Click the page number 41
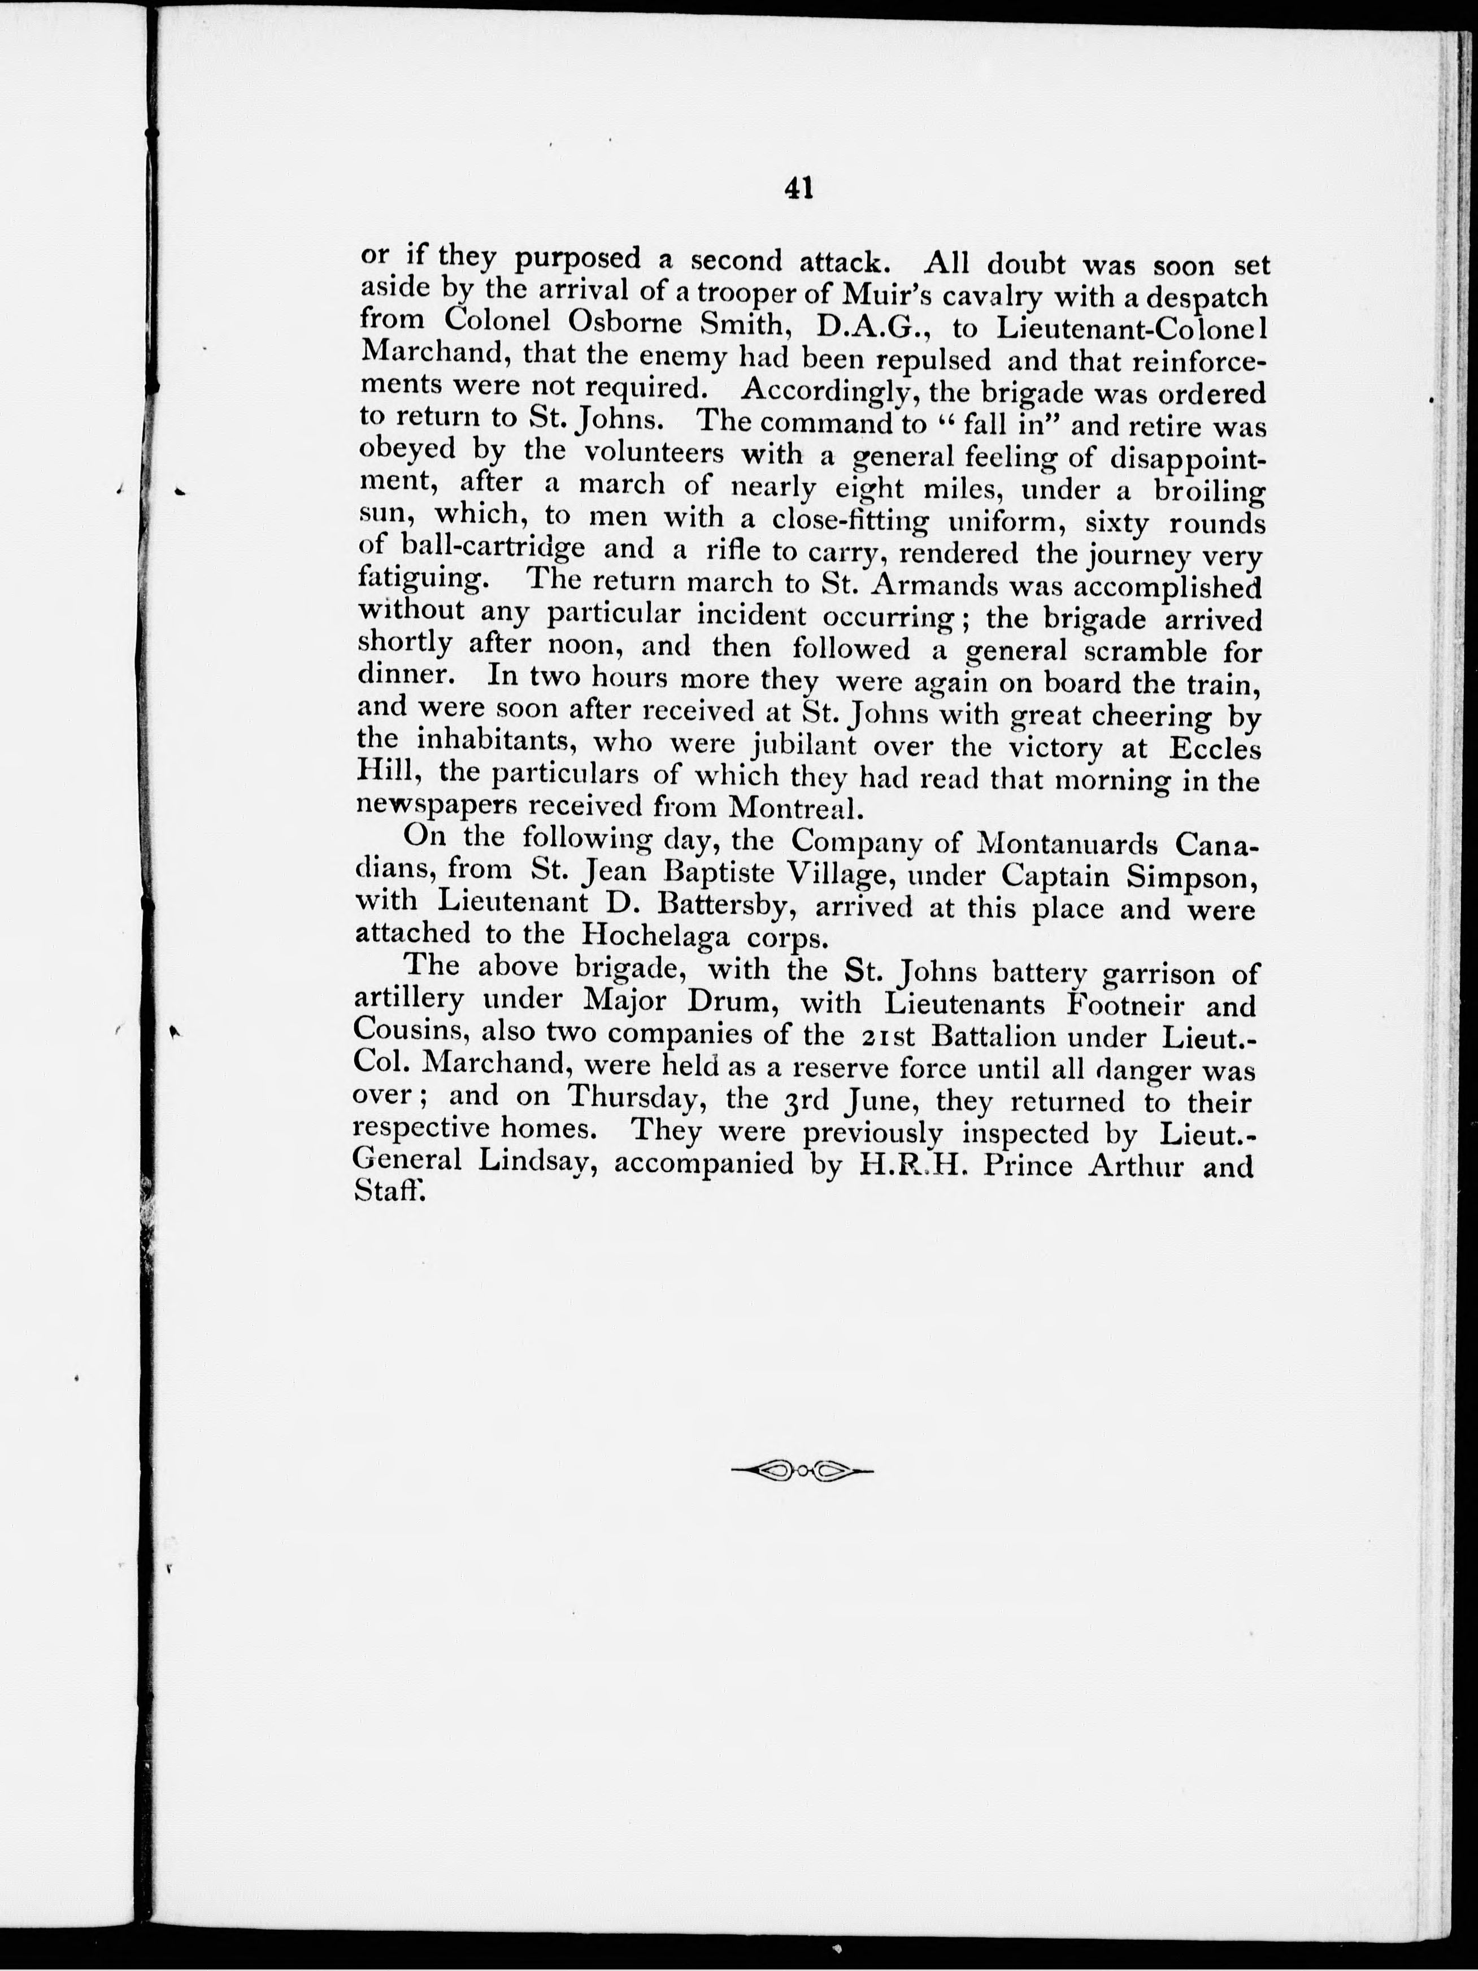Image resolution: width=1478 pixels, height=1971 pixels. [798, 189]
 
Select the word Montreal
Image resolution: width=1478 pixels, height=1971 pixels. [795, 808]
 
